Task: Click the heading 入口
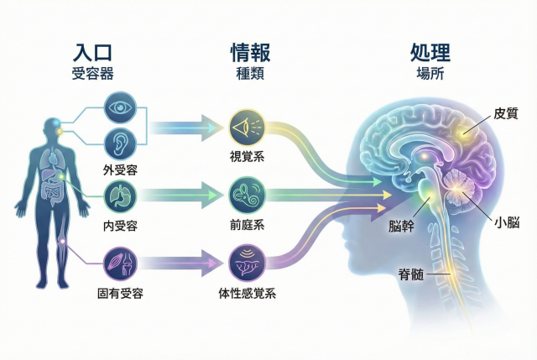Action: coord(92,53)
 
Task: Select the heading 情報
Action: coord(250,53)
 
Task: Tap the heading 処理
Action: coord(430,53)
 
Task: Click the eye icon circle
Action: coord(119,109)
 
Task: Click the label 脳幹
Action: coord(401,226)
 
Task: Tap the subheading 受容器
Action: coord(92,73)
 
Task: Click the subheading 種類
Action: coord(250,73)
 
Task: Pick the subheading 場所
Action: coord(430,73)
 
